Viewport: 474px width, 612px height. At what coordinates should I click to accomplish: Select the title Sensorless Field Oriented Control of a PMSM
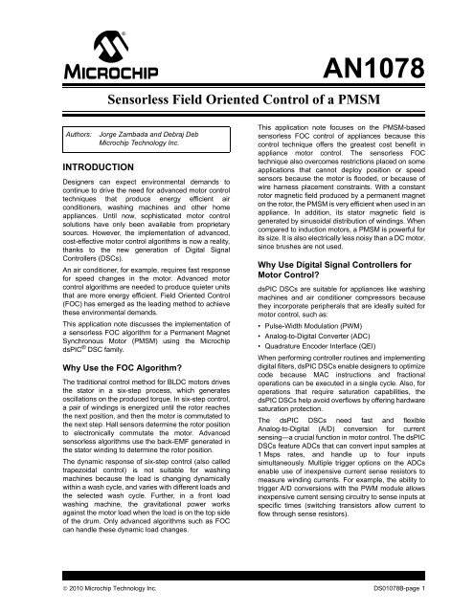[x=237, y=99]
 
